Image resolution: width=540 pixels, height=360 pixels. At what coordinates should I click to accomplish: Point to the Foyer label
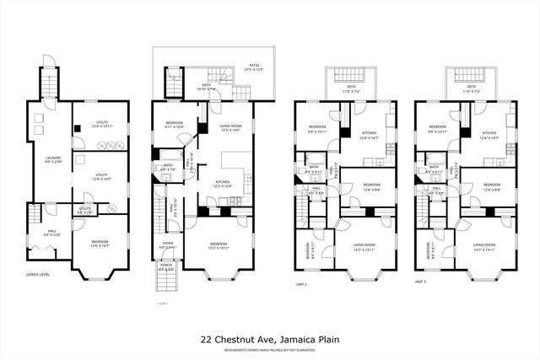[x=167, y=246]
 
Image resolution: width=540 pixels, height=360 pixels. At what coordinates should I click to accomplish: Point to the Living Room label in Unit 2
[x=364, y=246]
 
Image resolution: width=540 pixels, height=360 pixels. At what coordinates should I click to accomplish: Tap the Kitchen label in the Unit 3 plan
[x=489, y=134]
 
